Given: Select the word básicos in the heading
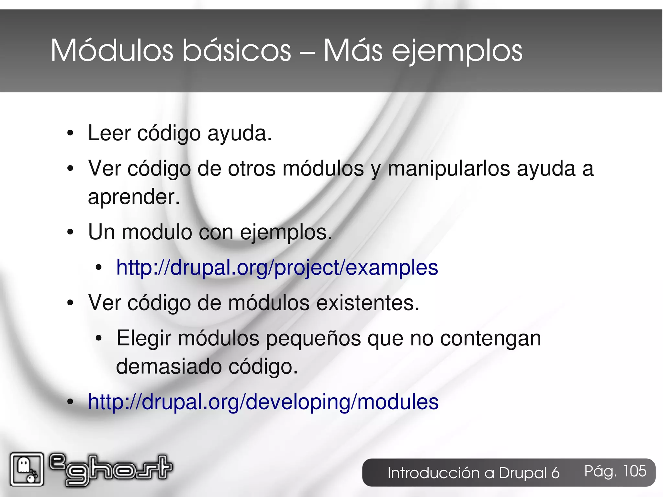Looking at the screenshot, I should [236, 51].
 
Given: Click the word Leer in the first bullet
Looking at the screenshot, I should [109, 133].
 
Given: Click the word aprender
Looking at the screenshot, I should [133, 197].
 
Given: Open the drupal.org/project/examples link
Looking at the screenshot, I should [277, 267].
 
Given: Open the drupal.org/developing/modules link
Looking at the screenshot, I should [263, 402].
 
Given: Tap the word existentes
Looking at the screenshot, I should [367, 303].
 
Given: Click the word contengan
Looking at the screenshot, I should [490, 338].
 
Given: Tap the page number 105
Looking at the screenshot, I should [635, 471].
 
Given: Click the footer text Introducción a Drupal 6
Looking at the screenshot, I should [473, 473].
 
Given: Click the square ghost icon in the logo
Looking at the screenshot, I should [27, 469].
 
